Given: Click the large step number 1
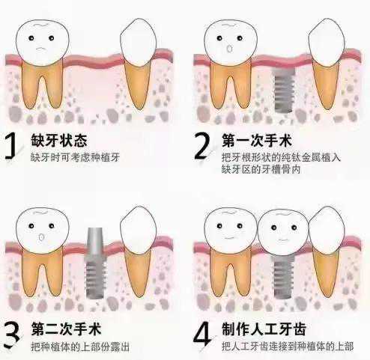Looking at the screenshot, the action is click(10, 146).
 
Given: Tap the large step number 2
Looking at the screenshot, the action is click(202, 146).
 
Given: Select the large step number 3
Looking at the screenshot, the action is click(12, 335).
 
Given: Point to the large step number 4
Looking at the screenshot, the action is click(203, 334).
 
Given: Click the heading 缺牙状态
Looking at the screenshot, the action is click(59, 140).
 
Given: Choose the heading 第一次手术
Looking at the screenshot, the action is click(257, 140).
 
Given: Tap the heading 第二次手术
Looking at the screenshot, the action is click(66, 329).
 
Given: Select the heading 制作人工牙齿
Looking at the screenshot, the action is click(264, 329).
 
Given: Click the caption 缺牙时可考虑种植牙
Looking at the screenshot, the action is click(75, 157).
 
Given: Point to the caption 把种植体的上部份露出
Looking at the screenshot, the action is click(80, 347).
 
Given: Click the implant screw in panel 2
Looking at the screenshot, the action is click(284, 90).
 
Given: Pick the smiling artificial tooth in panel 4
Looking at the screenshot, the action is click(283, 232).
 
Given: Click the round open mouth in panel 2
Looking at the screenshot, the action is click(229, 49).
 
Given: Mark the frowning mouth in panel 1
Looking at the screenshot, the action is click(42, 49).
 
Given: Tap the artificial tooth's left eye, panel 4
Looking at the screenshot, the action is click(273, 228).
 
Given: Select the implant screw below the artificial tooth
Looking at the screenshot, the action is click(283, 277).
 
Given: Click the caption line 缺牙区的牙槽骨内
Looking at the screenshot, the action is click(261, 169).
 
